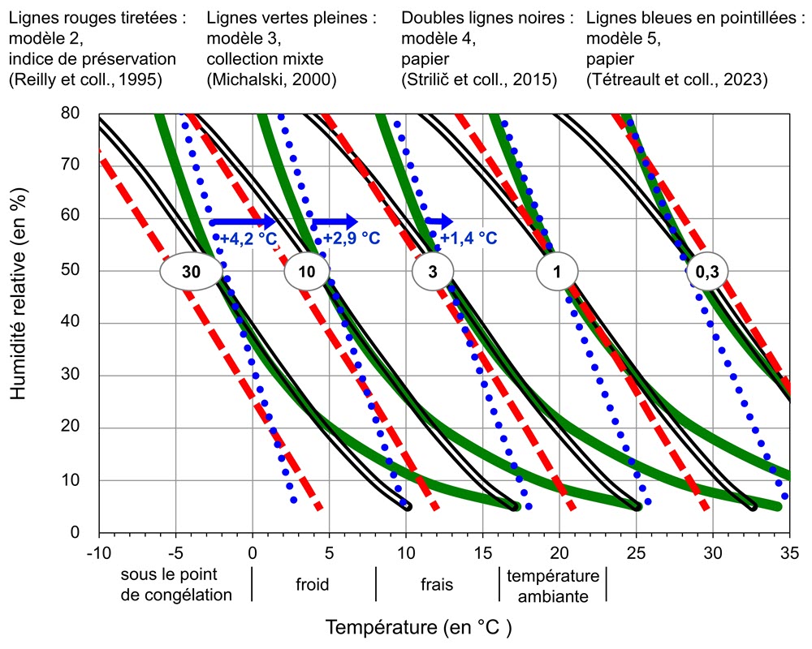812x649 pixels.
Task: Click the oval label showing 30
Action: pyautogui.click(x=191, y=273)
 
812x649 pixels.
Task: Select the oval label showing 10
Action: pyautogui.click(x=306, y=273)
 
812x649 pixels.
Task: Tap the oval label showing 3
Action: pyautogui.click(x=432, y=273)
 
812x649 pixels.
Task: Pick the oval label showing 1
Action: pyautogui.click(x=556, y=273)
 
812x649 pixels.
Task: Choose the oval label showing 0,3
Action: pyautogui.click(x=706, y=273)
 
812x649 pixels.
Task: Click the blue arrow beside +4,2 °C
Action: pyautogui.click(x=243, y=221)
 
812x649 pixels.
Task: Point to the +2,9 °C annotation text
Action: pyautogui.click(x=352, y=239)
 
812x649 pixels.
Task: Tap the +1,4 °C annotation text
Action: pyautogui.click(x=468, y=239)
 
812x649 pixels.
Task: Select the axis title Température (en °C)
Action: pyautogui.click(x=419, y=627)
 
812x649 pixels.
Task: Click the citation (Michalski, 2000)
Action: pyautogui.click(x=271, y=80)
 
